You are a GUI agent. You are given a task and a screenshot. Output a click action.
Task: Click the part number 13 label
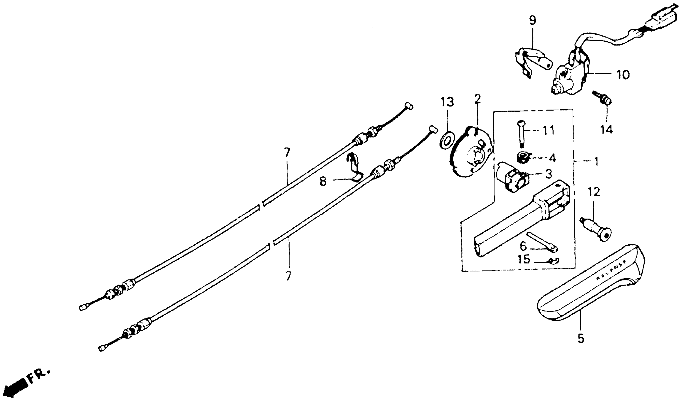point(447,102)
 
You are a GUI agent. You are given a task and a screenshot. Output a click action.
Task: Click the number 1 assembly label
point(596,162)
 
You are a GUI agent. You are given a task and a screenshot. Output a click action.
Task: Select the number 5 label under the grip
point(581,339)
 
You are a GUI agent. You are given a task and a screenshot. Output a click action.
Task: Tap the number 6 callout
point(523,246)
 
